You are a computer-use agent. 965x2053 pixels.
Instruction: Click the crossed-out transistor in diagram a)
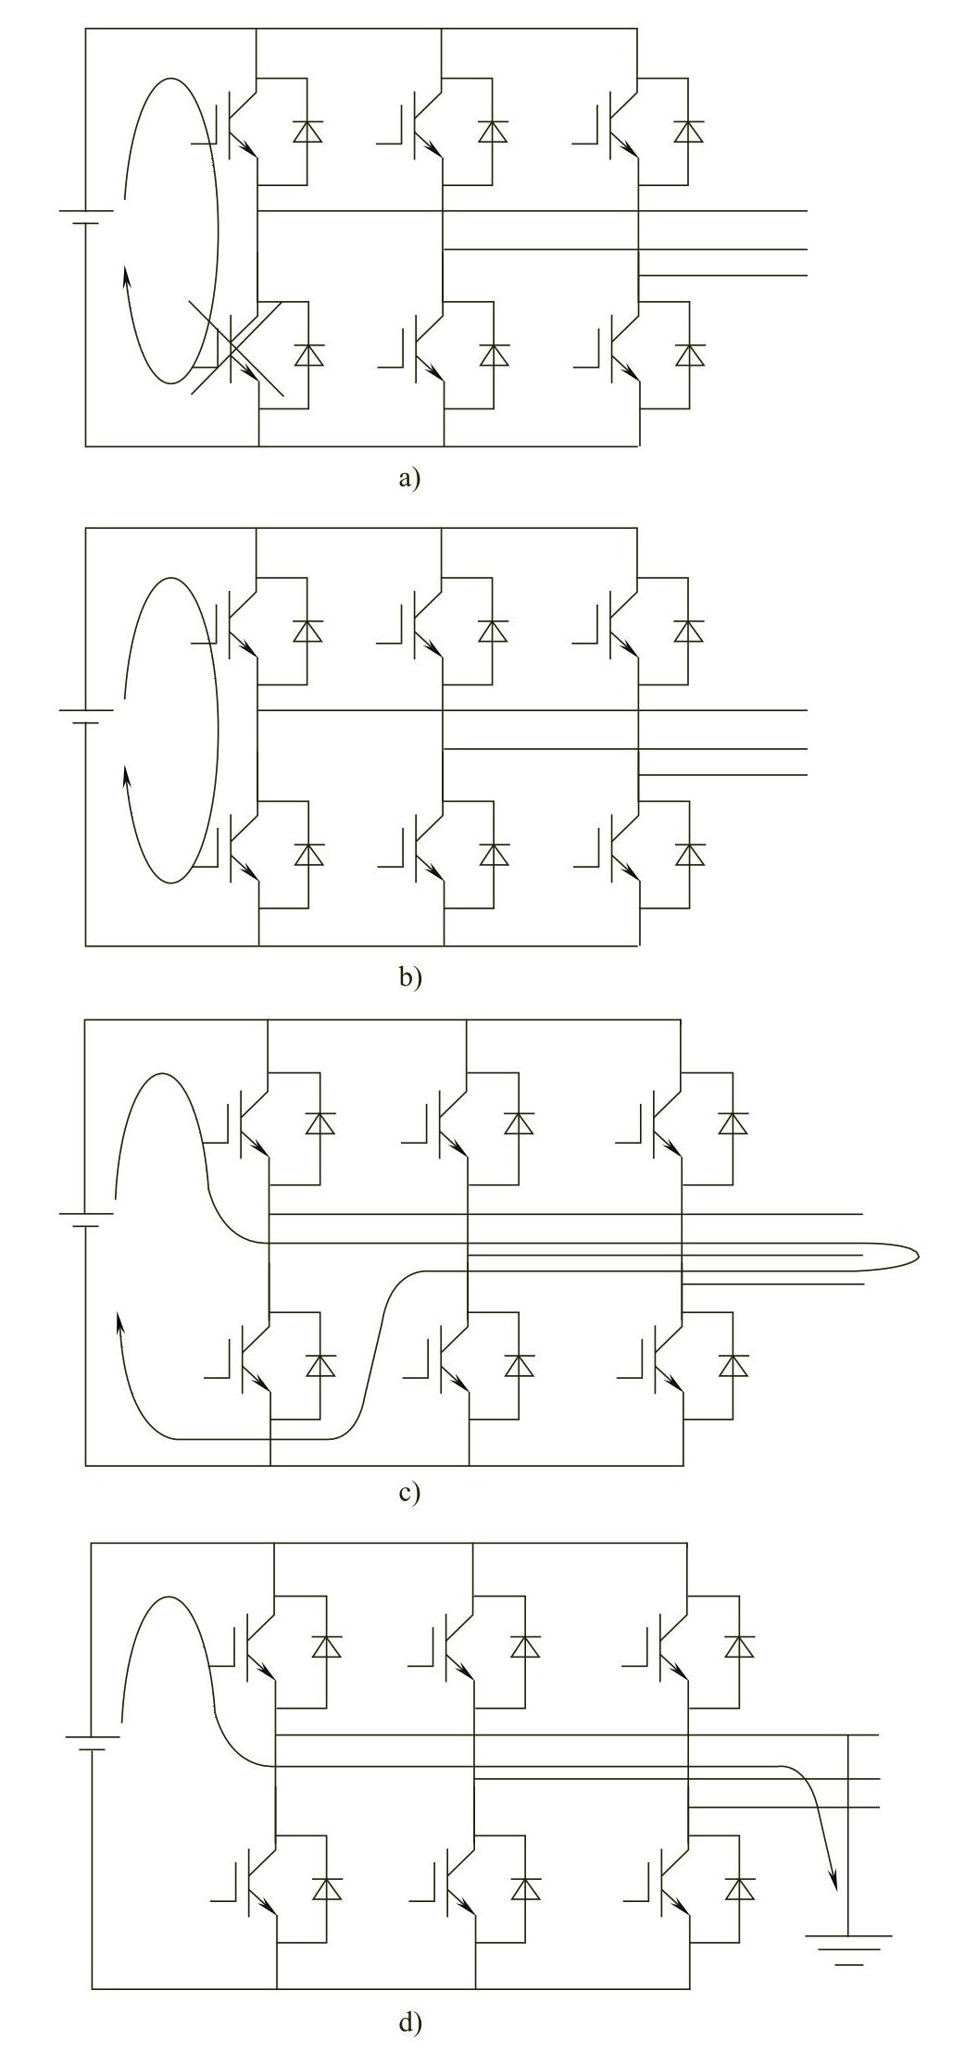(236, 355)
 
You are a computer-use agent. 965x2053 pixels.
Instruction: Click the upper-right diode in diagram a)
(687, 131)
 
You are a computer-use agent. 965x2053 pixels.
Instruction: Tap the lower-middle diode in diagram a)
(494, 355)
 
